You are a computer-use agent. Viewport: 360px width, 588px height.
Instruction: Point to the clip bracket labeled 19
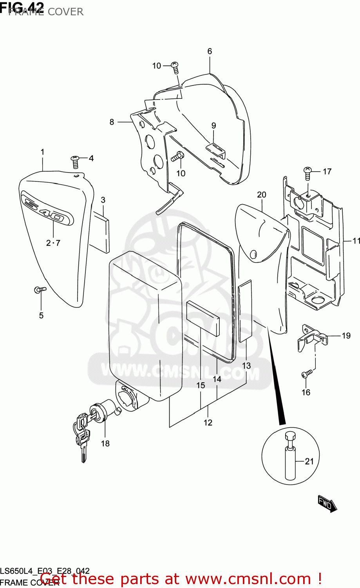point(312,337)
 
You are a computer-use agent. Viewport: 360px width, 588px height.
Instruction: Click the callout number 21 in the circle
point(309,461)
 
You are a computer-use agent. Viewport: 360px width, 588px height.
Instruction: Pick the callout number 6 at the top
point(210,51)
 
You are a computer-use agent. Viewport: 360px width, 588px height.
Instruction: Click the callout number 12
point(208,422)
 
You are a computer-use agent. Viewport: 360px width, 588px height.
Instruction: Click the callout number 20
point(262,195)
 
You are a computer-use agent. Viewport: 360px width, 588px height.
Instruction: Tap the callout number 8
point(112,122)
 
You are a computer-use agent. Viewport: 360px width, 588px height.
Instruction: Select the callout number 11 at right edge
point(356,241)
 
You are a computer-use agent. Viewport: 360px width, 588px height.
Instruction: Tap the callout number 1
point(42,152)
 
